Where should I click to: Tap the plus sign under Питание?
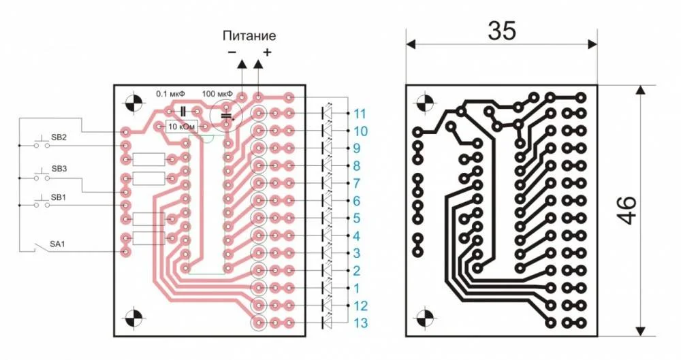267,52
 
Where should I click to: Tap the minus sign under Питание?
232,52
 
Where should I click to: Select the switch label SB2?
59,137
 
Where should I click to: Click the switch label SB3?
59,168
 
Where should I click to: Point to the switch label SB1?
59,197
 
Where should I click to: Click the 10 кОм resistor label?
181,127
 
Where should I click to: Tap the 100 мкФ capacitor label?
217,93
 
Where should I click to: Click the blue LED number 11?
360,113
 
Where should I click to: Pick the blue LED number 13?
360,323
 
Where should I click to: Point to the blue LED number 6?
357,201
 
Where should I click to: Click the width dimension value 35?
502,31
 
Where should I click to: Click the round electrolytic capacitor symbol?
227,115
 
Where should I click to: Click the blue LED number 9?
357,148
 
